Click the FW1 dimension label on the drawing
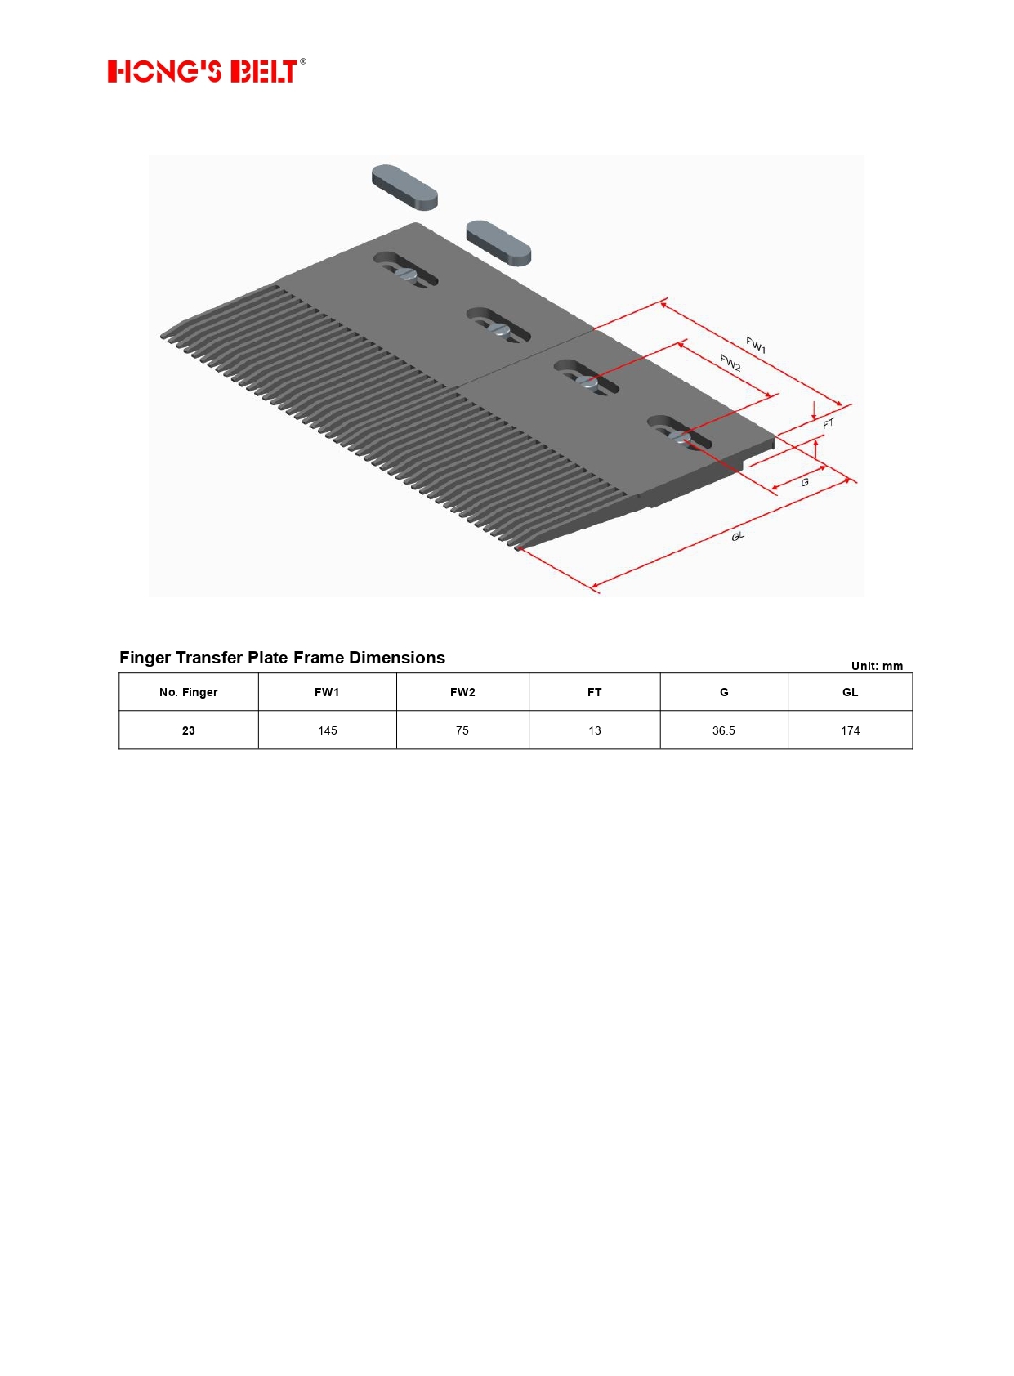[756, 345]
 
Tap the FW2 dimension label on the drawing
[730, 363]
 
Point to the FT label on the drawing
[829, 423]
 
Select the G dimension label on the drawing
[805, 482]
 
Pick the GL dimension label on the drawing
[738, 536]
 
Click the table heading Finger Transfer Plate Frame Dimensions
[282, 658]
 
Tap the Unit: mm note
[877, 666]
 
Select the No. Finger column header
[189, 692]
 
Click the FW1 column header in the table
[327, 692]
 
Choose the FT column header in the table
[595, 692]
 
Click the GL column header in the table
[850, 692]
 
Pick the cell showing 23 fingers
[189, 730]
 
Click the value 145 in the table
[328, 730]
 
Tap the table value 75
[462, 730]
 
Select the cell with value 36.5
[723, 730]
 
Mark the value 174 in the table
[850, 730]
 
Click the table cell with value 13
[595, 730]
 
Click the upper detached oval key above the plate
[404, 187]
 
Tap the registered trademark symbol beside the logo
[303, 61]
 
